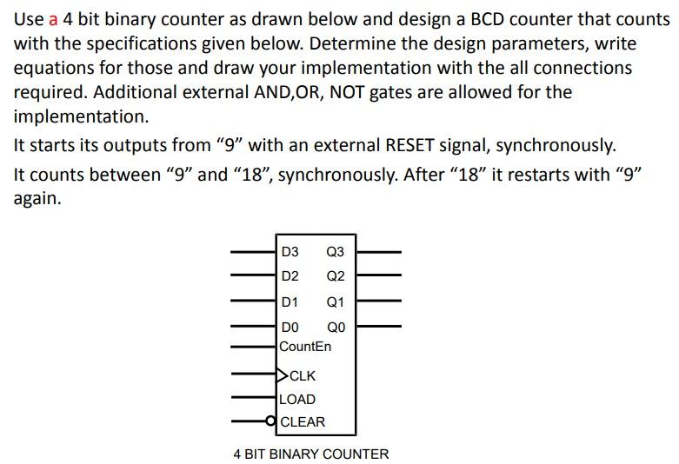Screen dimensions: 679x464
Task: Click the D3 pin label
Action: (x=290, y=252)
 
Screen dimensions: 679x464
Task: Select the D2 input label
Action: (x=290, y=276)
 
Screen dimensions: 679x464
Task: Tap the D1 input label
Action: (x=290, y=302)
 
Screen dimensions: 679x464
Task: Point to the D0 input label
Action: (x=290, y=328)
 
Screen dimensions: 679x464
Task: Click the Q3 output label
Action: (x=335, y=252)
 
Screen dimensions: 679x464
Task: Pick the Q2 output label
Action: (x=335, y=276)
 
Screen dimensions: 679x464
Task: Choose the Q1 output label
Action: (x=335, y=302)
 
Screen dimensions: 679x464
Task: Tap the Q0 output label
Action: (x=335, y=328)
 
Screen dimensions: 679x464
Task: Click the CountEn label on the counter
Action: (x=305, y=347)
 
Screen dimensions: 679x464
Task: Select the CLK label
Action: (x=303, y=376)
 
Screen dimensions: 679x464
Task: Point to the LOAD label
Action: (x=298, y=400)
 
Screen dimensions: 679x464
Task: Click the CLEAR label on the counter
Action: (x=303, y=422)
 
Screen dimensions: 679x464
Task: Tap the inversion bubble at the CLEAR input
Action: (x=273, y=422)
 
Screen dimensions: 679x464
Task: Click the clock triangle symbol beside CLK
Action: (x=282, y=376)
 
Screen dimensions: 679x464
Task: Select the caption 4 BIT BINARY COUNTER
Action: (x=311, y=454)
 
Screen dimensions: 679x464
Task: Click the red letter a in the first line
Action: (x=53, y=19)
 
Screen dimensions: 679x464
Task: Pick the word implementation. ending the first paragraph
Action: (x=82, y=116)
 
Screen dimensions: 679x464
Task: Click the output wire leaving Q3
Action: (x=379, y=252)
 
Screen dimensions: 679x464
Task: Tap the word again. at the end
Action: (x=38, y=198)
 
